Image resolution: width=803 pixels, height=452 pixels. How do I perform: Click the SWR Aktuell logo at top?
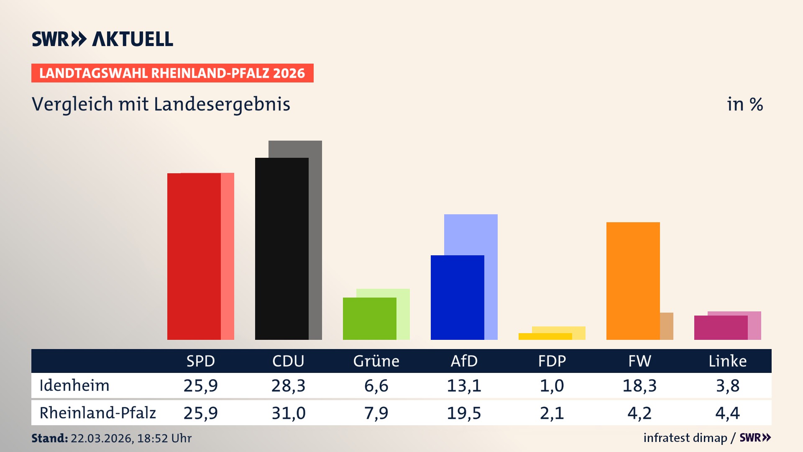coord(102,39)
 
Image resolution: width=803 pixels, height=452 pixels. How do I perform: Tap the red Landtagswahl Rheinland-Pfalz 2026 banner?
coord(172,73)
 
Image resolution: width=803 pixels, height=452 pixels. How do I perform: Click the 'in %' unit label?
coord(744,105)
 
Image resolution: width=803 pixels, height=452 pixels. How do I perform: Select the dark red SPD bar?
coord(194,256)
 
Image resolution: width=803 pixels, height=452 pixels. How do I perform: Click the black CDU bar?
coord(281,249)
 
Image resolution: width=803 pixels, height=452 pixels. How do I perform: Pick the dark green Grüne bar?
coord(369,318)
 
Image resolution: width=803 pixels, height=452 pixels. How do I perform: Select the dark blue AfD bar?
coord(457,297)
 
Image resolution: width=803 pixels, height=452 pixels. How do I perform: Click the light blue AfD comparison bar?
coord(471,234)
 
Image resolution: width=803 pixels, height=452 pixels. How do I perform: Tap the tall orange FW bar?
coord(633,280)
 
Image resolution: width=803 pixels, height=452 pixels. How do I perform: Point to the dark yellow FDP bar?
coord(545,336)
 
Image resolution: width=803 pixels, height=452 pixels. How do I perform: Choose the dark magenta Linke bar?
coord(721,328)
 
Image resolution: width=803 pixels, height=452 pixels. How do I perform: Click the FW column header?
coord(639,361)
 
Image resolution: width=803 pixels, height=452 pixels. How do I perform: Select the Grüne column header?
coord(376,361)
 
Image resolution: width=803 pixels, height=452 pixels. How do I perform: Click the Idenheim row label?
coord(74,385)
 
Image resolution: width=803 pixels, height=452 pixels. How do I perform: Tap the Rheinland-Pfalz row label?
coord(97,413)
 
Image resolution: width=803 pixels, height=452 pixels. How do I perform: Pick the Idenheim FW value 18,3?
coord(639,385)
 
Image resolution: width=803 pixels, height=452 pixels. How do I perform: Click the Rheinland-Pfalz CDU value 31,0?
coord(288,413)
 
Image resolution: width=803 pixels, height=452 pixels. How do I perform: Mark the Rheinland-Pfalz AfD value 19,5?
coord(464,413)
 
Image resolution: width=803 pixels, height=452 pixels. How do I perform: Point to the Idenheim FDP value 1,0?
coord(552,385)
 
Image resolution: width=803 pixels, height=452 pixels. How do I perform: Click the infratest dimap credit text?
coord(685,438)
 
